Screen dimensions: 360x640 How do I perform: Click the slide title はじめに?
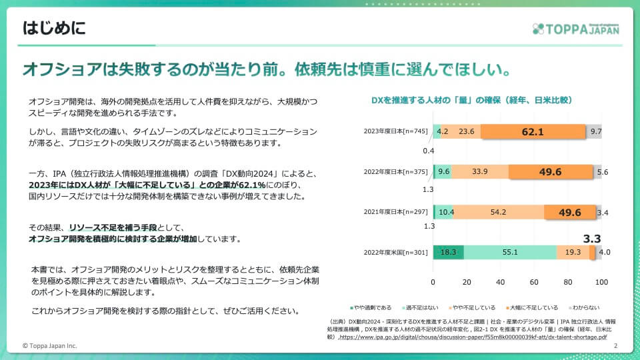pos(55,28)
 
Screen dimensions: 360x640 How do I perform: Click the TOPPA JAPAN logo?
pos(576,29)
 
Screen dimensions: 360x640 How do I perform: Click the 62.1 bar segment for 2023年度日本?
pos(532,131)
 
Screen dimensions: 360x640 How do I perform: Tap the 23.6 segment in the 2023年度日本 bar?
pos(466,131)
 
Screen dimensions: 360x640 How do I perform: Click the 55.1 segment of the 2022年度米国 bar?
pos(510,252)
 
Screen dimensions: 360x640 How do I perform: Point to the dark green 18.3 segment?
pos(448,252)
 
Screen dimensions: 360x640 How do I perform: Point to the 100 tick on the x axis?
pos(601,282)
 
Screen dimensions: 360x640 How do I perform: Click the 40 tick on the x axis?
pos(501,282)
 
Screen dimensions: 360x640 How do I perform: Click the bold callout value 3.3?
pos(592,238)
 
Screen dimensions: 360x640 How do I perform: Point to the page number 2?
pos(615,346)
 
